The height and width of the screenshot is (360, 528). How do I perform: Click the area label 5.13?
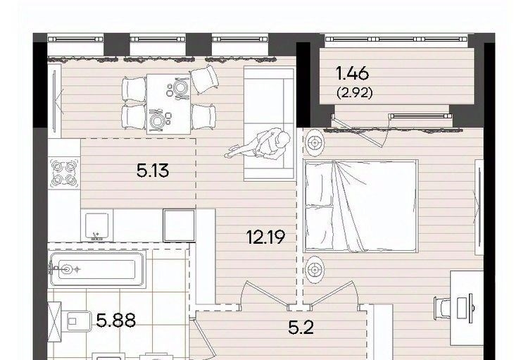153,170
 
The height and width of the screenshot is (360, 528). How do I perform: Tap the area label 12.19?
265,237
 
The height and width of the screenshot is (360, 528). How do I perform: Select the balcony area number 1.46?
353,73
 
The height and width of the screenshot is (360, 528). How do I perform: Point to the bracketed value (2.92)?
355,93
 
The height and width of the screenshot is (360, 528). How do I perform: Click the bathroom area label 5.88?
116,321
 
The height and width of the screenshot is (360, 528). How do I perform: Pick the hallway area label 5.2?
301,328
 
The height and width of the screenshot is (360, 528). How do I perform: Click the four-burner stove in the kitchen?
64,173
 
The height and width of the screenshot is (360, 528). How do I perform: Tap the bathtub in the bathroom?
97,269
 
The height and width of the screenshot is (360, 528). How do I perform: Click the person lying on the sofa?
259,146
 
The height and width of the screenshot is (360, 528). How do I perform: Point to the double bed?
360,206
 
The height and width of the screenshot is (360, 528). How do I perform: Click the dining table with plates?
168,104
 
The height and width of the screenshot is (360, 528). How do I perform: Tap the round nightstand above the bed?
315,143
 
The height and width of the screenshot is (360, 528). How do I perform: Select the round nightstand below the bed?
315,270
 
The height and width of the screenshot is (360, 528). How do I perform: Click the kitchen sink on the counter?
97,226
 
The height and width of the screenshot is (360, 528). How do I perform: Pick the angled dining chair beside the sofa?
204,79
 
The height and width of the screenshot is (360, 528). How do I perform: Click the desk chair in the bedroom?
443,307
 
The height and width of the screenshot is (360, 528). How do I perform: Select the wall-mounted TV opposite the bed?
479,207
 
